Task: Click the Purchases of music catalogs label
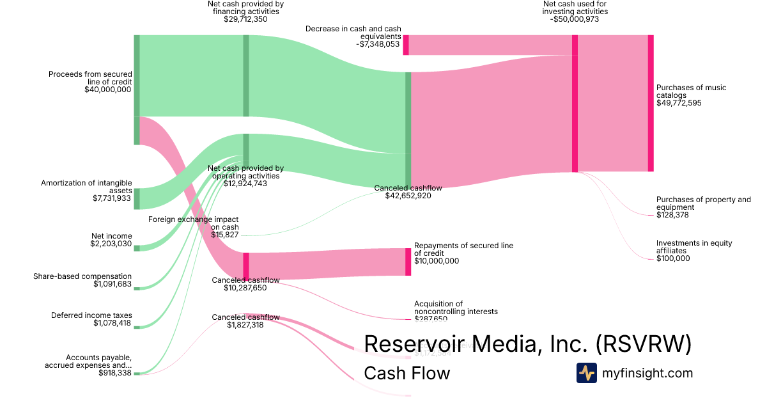coord(691,91)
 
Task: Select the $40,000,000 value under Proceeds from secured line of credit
coord(107,90)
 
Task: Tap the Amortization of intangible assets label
coord(86,187)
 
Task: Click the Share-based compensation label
coord(82,276)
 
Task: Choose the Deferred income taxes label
coord(91,315)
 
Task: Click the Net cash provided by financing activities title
coord(245,7)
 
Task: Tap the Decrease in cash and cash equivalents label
coord(353,33)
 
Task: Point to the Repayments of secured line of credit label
coord(463,249)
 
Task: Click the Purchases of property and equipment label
coord(703,203)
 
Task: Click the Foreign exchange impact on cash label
coord(194,223)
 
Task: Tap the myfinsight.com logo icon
coord(586,373)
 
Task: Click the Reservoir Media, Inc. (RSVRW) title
coord(527,344)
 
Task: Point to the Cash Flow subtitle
coord(407,373)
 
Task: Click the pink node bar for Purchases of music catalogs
coord(651,103)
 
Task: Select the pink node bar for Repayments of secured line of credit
coord(408,262)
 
